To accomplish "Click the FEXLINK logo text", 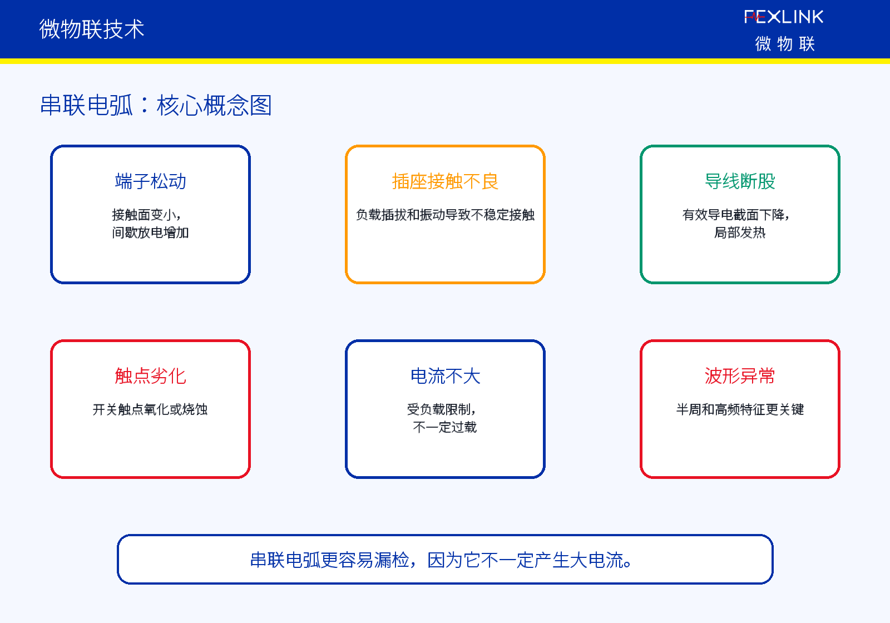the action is (x=784, y=17).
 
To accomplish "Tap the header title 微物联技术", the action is (x=91, y=29).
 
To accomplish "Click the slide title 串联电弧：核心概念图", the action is (x=156, y=105).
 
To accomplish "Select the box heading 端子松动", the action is (x=151, y=181).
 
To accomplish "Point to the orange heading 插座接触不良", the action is (x=445, y=181).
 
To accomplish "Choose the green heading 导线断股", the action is (x=740, y=181).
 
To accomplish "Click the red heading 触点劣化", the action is (x=151, y=376).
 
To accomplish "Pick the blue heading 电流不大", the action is (x=445, y=376).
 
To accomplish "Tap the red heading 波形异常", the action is (x=740, y=376).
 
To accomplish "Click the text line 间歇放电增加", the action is (x=151, y=233).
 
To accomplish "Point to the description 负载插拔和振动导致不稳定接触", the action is (x=445, y=215).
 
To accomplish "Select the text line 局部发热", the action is (x=740, y=233).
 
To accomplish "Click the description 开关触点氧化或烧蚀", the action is (x=150, y=409).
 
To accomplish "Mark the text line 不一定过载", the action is (x=445, y=427).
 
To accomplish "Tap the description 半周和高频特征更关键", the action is (x=740, y=409).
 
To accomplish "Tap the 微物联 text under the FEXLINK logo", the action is (x=785, y=44).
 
